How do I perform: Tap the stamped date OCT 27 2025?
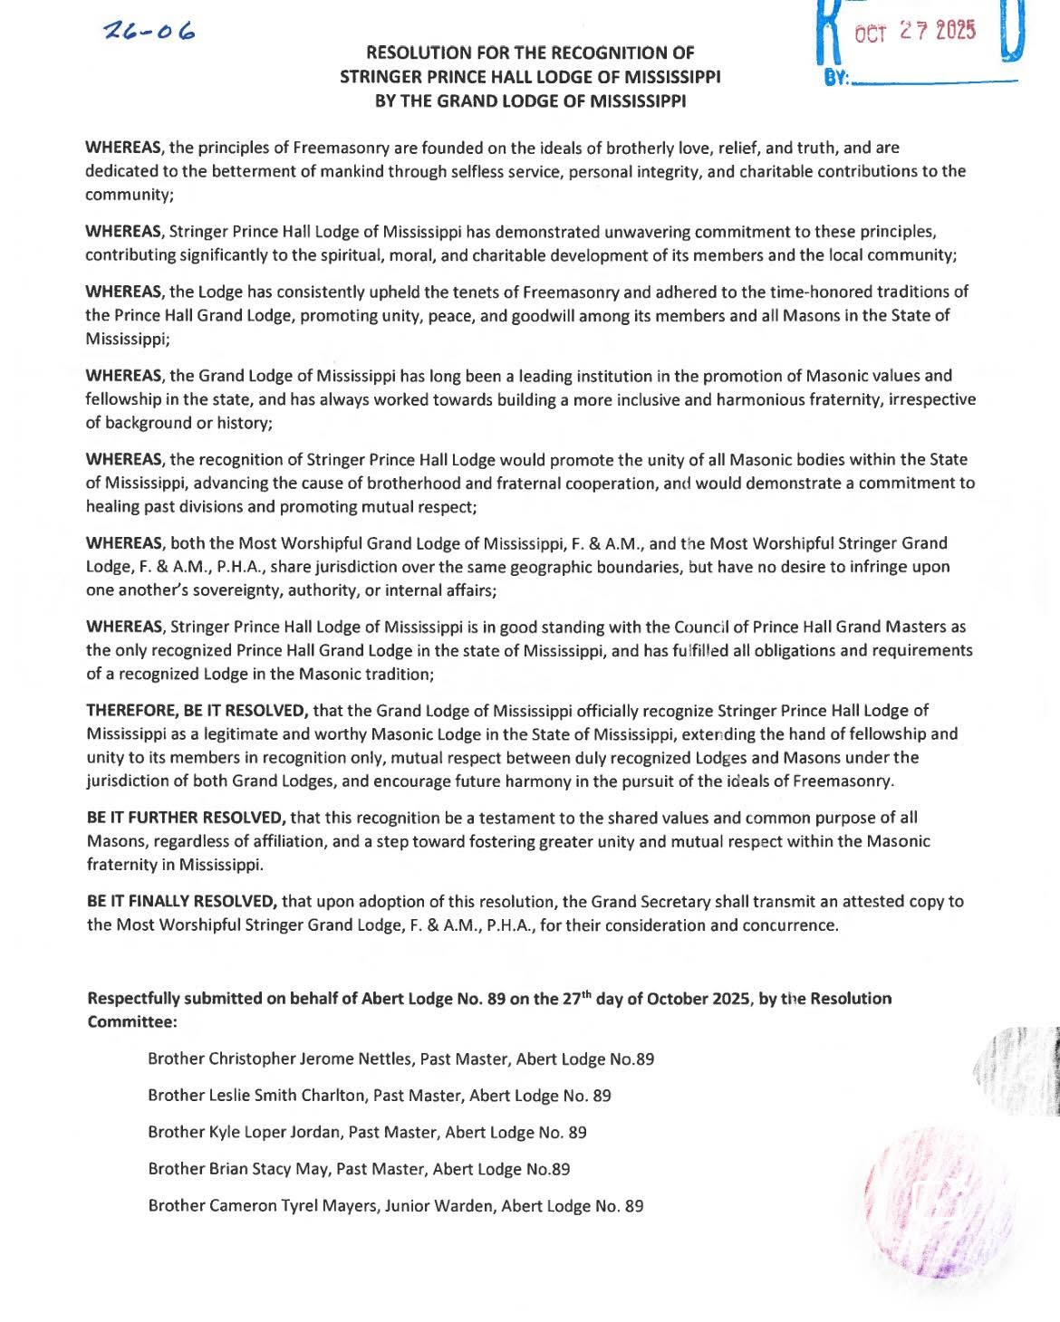(x=916, y=33)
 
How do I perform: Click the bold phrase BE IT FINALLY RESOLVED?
(x=181, y=902)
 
